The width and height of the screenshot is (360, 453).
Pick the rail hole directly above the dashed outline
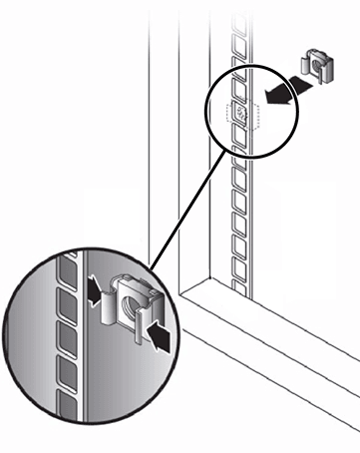tap(240, 88)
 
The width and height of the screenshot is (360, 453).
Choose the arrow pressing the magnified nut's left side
tap(92, 292)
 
